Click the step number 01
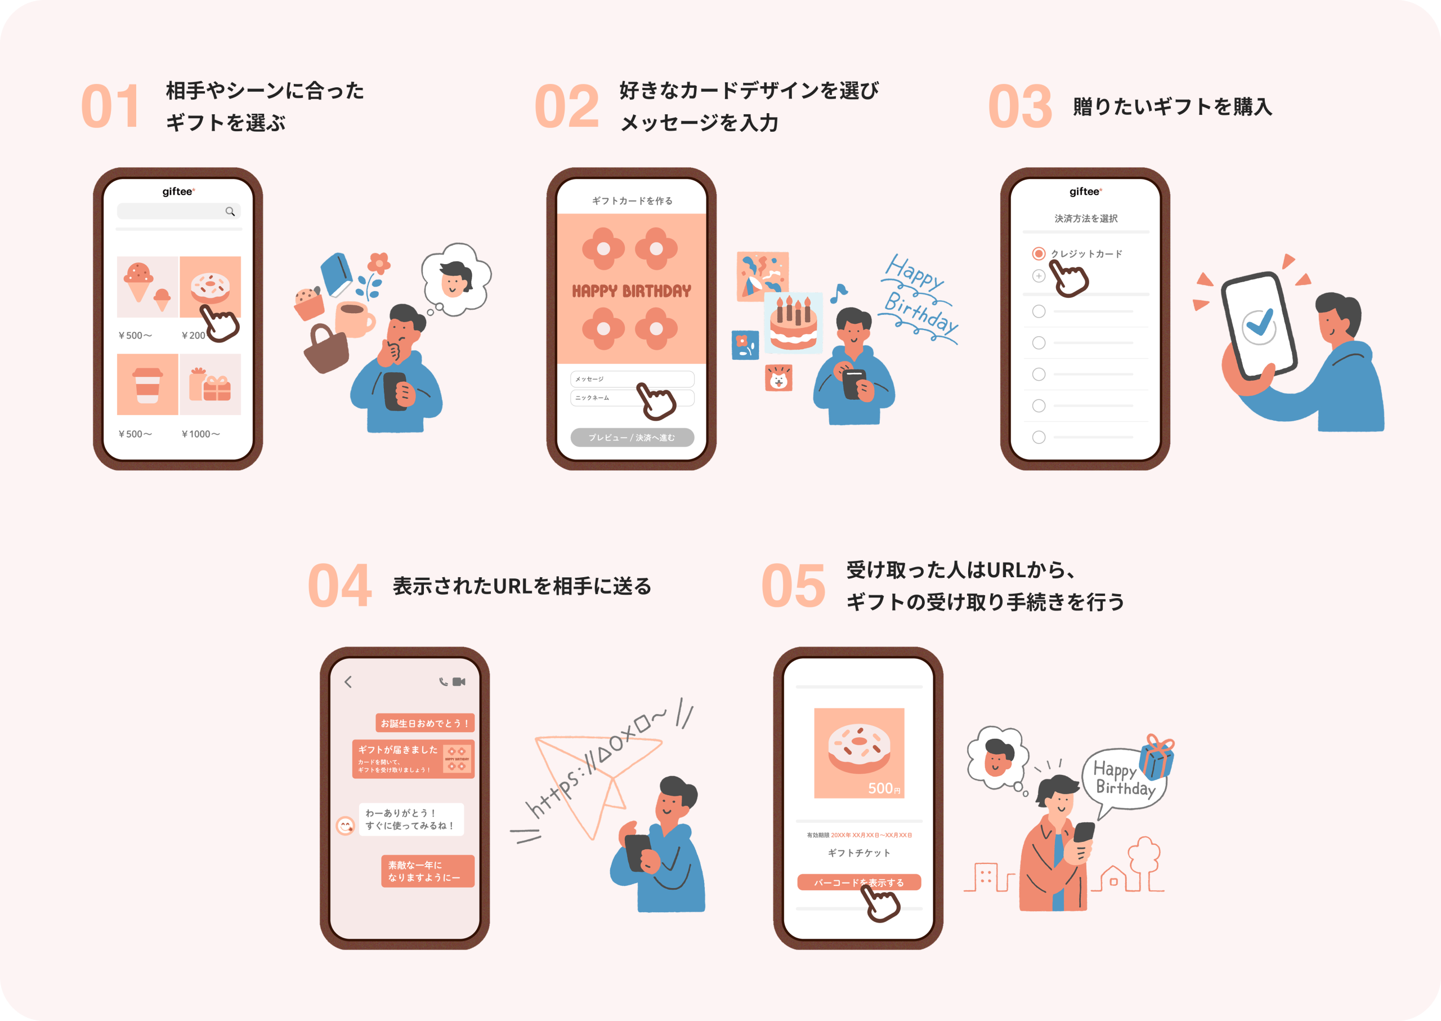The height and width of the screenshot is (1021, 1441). [110, 107]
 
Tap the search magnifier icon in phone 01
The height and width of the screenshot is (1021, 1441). [230, 212]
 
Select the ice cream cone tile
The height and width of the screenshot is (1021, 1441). [147, 287]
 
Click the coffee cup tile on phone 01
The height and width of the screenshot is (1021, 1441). [147, 384]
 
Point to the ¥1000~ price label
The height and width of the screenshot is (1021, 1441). [200, 434]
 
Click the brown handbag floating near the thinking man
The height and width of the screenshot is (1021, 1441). [325, 350]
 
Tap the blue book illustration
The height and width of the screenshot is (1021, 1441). [336, 274]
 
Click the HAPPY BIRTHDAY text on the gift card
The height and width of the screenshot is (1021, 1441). [631, 291]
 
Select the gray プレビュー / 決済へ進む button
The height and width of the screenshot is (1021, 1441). [632, 438]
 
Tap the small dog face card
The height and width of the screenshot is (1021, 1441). [778, 378]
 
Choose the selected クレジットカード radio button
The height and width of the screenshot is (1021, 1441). [1038, 253]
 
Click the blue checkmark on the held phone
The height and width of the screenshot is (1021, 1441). [1259, 324]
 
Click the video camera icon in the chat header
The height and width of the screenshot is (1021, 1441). [459, 682]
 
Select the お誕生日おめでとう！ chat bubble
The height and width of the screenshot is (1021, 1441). [425, 723]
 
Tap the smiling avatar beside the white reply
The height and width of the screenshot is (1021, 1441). [345, 825]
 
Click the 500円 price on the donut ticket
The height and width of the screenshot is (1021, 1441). [883, 788]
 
